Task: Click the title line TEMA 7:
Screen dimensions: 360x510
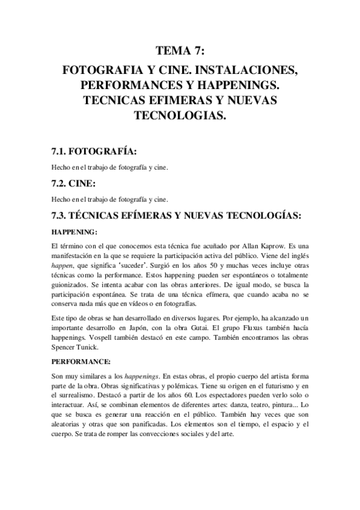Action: coord(180,51)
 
